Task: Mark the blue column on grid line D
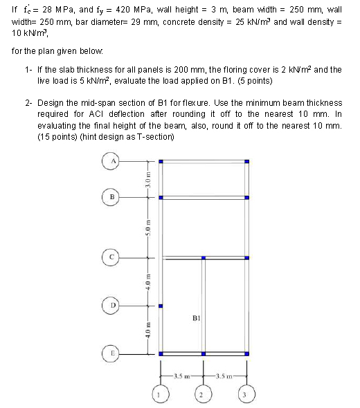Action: pos(161,306)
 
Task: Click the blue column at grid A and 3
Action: pos(249,161)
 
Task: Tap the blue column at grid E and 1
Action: pos(161,353)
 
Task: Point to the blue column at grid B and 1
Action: pos(161,199)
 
